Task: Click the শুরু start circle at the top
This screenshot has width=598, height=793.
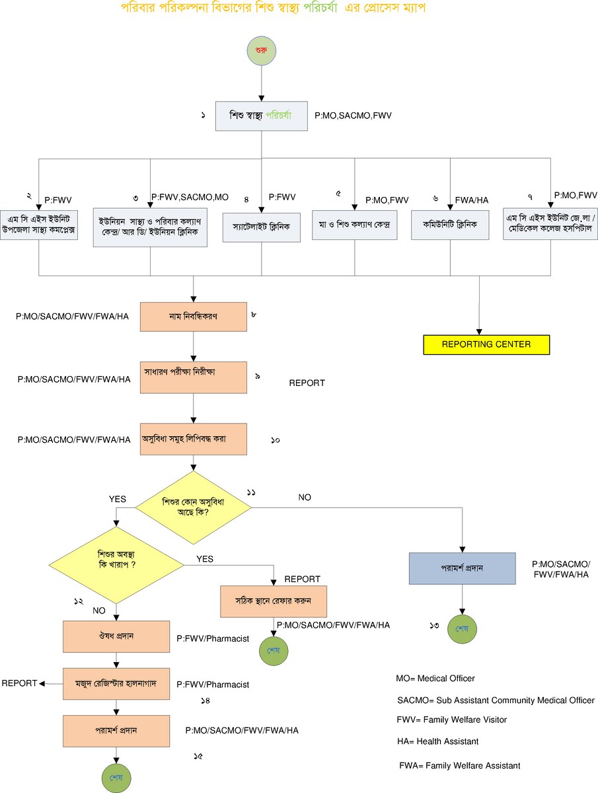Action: coord(262,51)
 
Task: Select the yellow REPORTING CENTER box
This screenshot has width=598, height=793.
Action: coord(477,344)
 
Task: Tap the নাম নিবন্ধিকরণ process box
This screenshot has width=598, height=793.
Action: coord(193,317)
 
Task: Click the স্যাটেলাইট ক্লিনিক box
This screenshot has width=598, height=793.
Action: coord(261,226)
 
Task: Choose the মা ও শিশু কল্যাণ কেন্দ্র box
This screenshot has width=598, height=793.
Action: coord(355,226)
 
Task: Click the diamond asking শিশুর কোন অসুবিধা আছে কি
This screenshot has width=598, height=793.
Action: coord(193,507)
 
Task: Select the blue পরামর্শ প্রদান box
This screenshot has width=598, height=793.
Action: coord(461,568)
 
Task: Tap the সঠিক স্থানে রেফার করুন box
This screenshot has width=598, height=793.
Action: coord(274,601)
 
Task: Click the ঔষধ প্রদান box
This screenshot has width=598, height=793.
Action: coord(117,636)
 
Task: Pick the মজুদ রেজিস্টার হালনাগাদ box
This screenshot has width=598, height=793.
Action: coord(117,683)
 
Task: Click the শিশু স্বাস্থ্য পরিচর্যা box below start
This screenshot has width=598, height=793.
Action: coord(262,116)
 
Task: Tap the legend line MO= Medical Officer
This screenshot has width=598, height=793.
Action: coord(435,679)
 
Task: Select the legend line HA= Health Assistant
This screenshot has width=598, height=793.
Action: coord(437,741)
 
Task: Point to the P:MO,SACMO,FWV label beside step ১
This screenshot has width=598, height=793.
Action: coord(353,116)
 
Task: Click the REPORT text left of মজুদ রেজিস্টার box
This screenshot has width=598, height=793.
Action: coord(19,683)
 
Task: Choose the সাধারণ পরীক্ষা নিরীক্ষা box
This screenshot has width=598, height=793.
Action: coord(193,377)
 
